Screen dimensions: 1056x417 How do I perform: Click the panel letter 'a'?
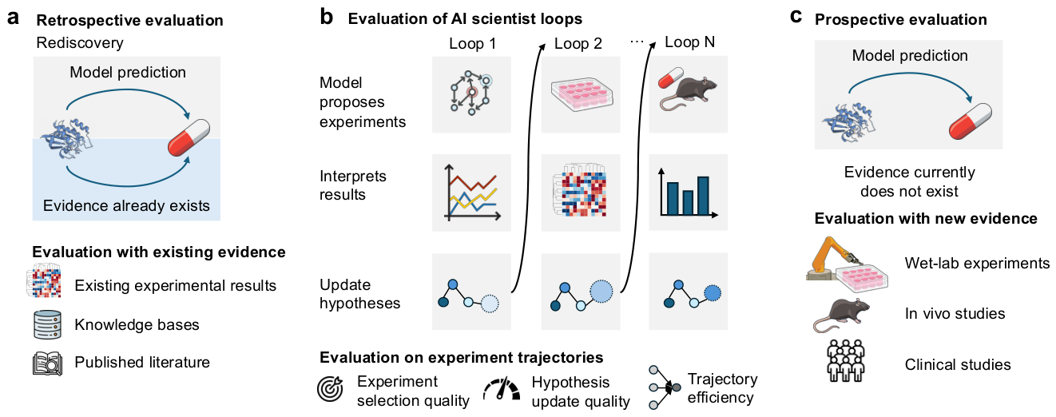click(x=14, y=18)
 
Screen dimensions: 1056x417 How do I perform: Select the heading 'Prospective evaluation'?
click(x=901, y=19)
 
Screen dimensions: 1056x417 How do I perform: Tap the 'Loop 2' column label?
click(x=578, y=43)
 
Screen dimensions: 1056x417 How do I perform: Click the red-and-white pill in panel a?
click(x=189, y=137)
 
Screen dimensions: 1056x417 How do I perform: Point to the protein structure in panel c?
click(x=848, y=123)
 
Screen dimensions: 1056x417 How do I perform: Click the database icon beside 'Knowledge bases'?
click(x=47, y=324)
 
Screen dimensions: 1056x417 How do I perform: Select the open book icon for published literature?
click(x=47, y=363)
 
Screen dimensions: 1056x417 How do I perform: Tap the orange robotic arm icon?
click(x=832, y=260)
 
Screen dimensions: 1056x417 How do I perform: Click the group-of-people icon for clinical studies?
click(x=846, y=360)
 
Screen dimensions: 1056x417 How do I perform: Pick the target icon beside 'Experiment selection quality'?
click(x=330, y=389)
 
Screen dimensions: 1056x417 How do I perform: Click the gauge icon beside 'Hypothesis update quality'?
click(x=502, y=389)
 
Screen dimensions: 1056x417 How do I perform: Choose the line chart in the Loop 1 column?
click(x=472, y=193)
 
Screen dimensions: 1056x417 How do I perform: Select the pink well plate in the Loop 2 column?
click(x=582, y=94)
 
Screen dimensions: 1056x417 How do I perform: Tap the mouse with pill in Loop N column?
click(x=688, y=89)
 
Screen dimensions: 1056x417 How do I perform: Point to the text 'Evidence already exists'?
click(x=126, y=205)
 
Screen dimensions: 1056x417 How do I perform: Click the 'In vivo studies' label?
click(x=955, y=313)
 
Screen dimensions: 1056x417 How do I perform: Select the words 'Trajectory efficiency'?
click(x=722, y=388)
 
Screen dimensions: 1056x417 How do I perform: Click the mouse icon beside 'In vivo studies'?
click(x=841, y=315)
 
